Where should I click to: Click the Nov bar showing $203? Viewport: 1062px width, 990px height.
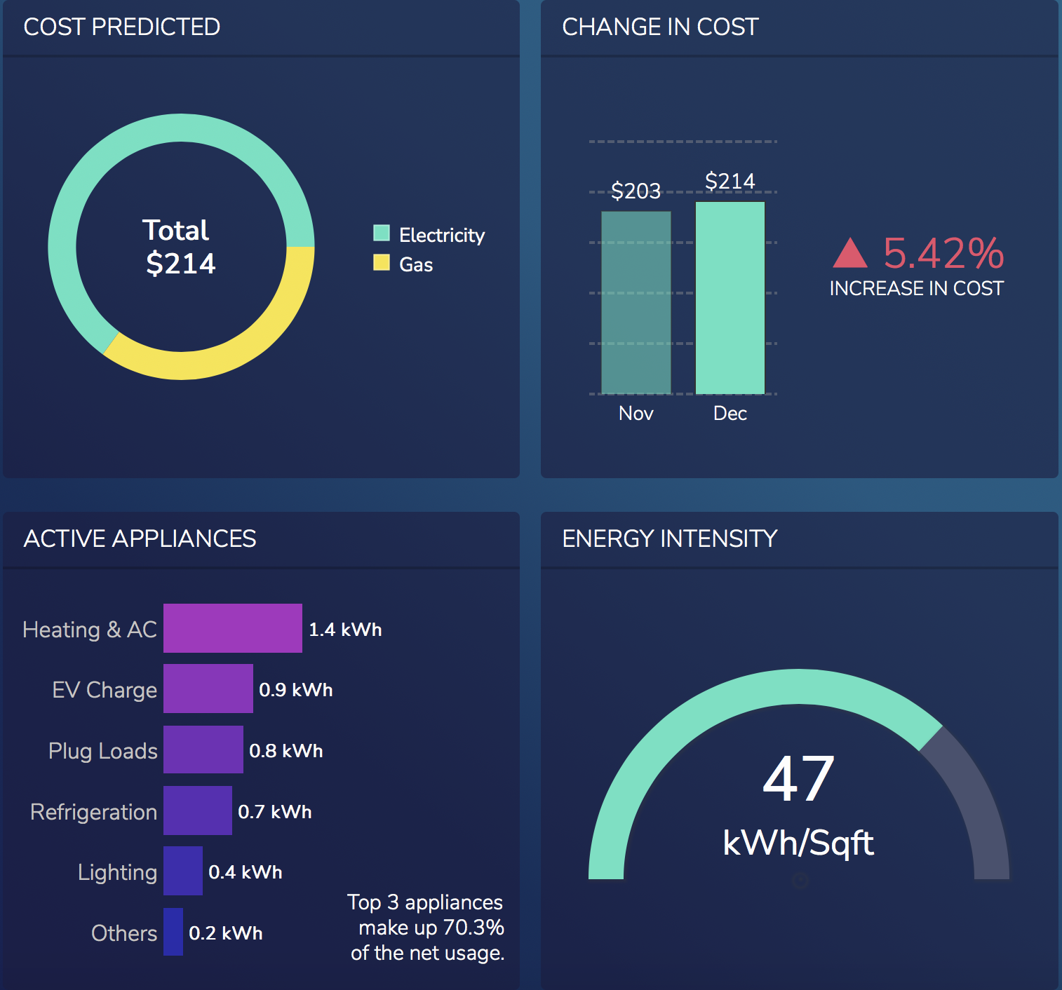pos(636,302)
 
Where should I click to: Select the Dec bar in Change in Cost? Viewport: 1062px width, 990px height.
pos(730,298)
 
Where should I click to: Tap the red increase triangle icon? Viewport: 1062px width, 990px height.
pos(850,254)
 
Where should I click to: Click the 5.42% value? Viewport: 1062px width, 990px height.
pos(943,253)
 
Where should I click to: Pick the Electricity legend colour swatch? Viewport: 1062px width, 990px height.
pos(382,233)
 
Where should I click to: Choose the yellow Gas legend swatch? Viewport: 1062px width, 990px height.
pos(382,262)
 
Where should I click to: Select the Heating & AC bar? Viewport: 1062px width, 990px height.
pos(233,628)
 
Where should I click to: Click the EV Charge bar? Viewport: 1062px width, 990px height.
pos(208,689)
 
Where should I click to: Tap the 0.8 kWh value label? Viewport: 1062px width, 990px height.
pos(286,751)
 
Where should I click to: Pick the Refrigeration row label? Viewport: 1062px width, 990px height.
pos(93,812)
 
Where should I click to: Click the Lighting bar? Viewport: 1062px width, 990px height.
pos(183,871)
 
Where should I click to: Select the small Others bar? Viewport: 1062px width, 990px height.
pos(173,932)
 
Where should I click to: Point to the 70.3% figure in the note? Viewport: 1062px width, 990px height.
pos(473,928)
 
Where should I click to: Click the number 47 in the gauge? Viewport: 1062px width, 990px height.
pos(799,779)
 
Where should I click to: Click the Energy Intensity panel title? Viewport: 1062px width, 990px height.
pos(669,538)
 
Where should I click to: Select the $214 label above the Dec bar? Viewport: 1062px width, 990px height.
pos(730,182)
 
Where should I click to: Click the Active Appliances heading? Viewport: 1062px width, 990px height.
pos(140,538)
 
